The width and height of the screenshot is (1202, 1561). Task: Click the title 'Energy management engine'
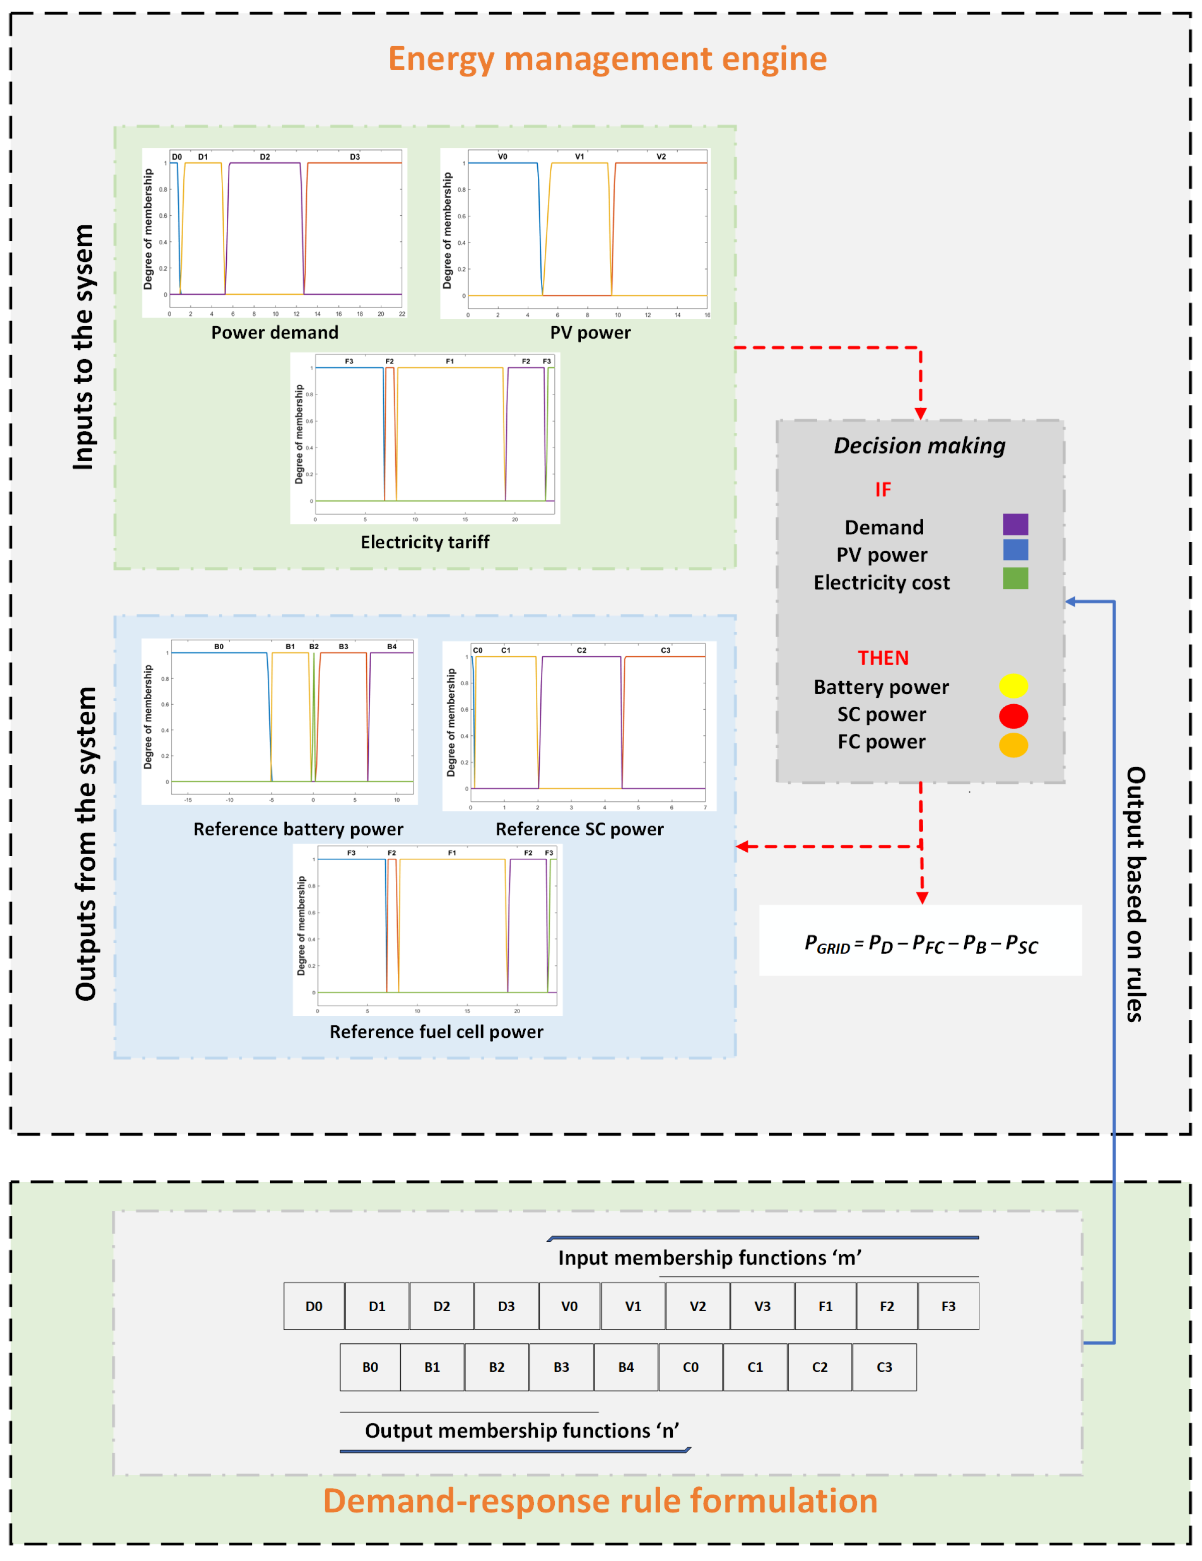(x=608, y=59)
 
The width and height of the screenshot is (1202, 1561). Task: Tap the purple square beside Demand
(x=1015, y=525)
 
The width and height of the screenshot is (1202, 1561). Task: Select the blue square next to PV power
(x=1015, y=550)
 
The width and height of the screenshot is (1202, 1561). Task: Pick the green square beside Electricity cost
(x=1015, y=578)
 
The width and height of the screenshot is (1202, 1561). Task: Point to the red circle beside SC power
(x=1013, y=715)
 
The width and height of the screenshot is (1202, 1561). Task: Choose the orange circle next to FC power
(x=1013, y=745)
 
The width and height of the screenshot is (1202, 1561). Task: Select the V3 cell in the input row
(x=762, y=1307)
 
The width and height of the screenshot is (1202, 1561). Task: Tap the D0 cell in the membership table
(x=314, y=1307)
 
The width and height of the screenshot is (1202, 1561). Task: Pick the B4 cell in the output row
(x=626, y=1367)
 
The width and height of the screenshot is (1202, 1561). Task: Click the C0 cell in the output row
(x=690, y=1367)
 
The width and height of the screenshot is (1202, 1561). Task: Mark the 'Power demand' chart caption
(x=274, y=333)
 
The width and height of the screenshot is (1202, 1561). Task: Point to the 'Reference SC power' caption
(x=579, y=829)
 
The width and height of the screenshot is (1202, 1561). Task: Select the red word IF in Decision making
(x=883, y=490)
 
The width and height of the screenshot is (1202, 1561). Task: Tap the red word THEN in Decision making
(x=883, y=658)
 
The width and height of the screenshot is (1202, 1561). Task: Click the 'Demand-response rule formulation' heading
(x=600, y=1501)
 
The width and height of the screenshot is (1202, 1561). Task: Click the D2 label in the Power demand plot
(x=265, y=157)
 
